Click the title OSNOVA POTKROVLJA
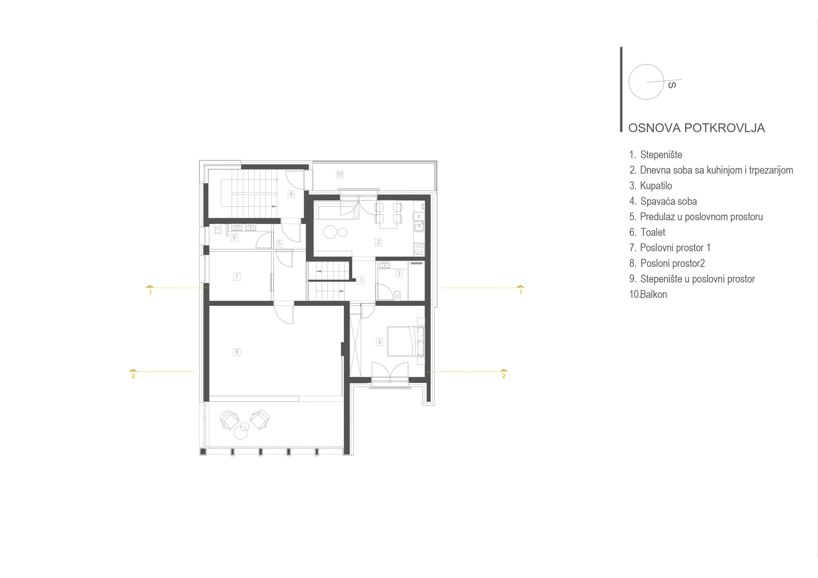tap(697, 128)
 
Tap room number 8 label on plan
tap(236, 352)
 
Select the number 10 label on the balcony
tap(340, 174)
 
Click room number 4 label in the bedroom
tap(379, 342)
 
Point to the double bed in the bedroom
tap(406, 341)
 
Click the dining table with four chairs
tap(388, 216)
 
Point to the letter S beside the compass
tap(672, 85)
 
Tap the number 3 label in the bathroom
tap(399, 274)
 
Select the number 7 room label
tap(236, 276)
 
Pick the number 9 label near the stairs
tap(291, 194)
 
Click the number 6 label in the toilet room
tap(234, 237)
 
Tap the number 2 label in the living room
tap(378, 242)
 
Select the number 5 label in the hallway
tap(279, 244)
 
